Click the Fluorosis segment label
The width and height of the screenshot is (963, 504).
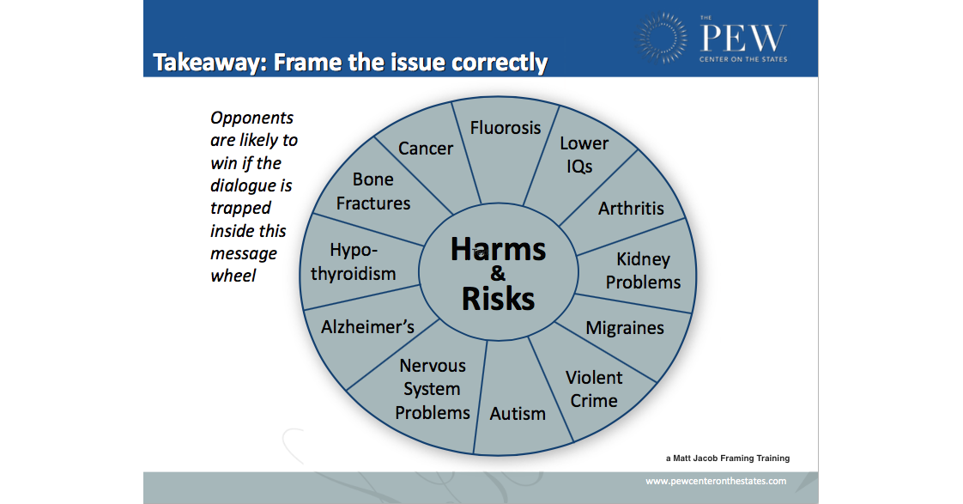pos(506,128)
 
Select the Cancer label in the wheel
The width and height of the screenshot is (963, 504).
pos(426,149)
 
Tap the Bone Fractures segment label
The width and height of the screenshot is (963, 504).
pos(373,191)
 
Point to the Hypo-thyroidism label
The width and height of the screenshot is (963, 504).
pos(353,262)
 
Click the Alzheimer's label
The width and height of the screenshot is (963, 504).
pos(367,326)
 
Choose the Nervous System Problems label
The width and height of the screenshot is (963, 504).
pos(433,389)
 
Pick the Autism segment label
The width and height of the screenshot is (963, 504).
pos(518,414)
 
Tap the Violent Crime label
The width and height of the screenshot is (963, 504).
pos(594,389)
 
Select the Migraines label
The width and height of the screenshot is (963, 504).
pos(625,328)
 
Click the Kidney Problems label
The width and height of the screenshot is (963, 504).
pos(643,270)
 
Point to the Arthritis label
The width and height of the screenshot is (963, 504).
pos(631,209)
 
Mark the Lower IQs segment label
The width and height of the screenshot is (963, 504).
pos(584,155)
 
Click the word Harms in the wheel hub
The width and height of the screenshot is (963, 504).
pos(498,250)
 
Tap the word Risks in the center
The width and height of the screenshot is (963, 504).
pos(498,299)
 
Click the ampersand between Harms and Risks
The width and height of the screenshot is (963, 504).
pos(498,274)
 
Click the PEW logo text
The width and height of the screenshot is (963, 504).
pos(743,38)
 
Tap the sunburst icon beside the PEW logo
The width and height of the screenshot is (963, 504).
pos(662,38)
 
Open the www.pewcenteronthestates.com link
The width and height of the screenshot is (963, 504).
pos(716,482)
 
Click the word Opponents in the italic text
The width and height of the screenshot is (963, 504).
pos(251,118)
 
